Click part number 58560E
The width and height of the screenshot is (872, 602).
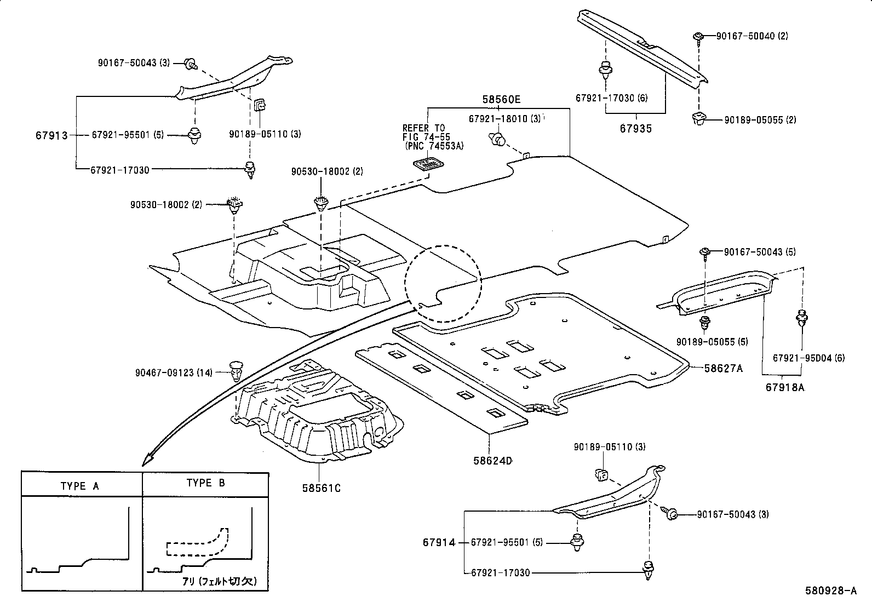click(501, 100)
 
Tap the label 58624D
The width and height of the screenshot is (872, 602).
click(492, 461)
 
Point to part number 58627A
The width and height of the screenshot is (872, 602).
click(723, 369)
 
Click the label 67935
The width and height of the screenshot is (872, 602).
click(636, 129)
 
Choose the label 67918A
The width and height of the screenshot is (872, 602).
click(785, 387)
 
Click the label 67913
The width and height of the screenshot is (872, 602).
click(52, 135)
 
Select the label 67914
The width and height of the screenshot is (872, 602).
click(439, 543)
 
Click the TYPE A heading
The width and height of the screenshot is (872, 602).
click(80, 486)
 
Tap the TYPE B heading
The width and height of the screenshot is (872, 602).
click(205, 483)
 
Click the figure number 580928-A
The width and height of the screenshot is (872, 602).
click(830, 590)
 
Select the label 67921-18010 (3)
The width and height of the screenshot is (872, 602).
click(504, 119)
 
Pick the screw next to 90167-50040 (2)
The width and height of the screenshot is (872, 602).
click(699, 37)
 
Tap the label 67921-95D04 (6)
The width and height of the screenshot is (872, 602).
click(808, 358)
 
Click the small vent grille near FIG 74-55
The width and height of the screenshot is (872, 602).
click(428, 163)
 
